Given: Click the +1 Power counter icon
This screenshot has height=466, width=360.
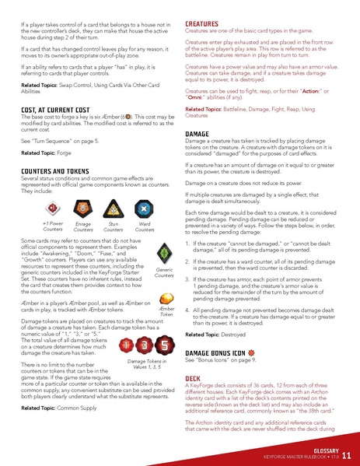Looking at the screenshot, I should point(53,208).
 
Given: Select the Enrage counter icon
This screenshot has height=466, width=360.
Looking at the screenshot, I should point(82,208).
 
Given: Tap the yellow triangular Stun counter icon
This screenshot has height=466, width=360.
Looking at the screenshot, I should point(114,208).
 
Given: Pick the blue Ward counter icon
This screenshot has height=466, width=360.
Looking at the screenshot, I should point(144,208).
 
